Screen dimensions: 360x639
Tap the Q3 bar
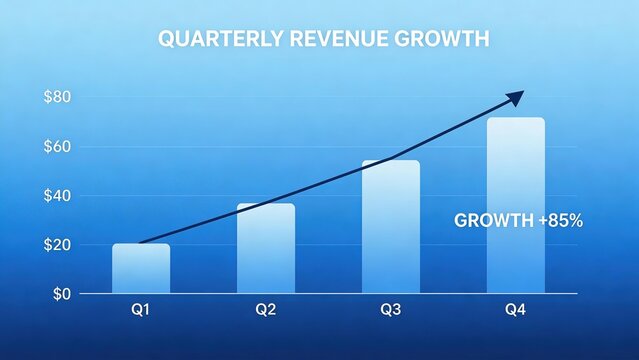click(391, 227)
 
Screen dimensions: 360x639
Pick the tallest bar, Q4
click(516, 205)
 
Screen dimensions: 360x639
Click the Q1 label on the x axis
click(141, 310)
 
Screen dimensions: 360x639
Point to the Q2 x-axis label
click(266, 310)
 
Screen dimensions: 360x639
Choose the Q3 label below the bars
click(391, 310)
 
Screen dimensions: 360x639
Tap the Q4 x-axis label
click(516, 310)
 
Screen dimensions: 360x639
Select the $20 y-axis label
click(56, 245)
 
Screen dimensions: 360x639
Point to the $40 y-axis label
click(56, 196)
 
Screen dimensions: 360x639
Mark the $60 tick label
click(56, 147)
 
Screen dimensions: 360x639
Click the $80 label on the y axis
click(56, 98)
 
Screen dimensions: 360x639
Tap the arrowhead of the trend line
click(516, 96)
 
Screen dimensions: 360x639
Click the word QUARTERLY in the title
click(219, 40)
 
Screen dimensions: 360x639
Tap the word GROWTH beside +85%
click(494, 220)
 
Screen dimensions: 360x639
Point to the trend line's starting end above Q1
click(141, 242)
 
